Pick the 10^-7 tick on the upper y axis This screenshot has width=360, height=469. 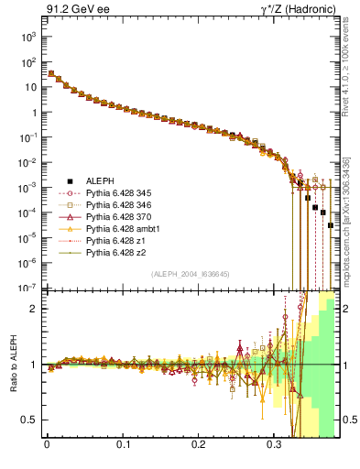pos(28,288)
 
